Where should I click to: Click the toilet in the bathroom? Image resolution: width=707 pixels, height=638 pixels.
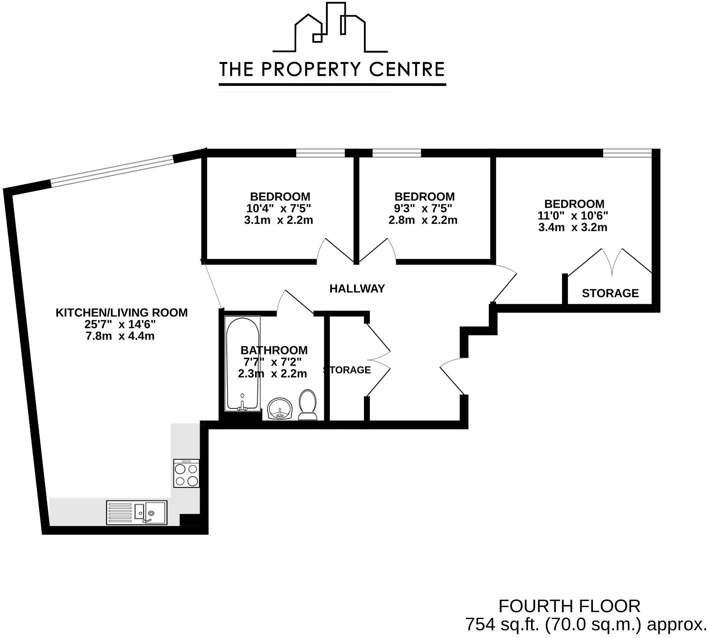pyautogui.click(x=308, y=405)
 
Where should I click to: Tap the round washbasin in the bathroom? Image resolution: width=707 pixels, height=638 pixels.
pyautogui.click(x=281, y=408)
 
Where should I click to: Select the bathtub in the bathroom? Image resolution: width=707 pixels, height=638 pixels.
pyautogui.click(x=243, y=364)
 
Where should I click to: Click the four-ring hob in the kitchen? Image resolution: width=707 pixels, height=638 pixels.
pyautogui.click(x=186, y=473)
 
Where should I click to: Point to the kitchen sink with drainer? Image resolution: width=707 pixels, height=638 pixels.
pyautogui.click(x=136, y=513)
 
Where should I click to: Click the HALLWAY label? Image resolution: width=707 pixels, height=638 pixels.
pyautogui.click(x=357, y=288)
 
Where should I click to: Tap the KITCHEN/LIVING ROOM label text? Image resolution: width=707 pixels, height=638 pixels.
pyautogui.click(x=121, y=312)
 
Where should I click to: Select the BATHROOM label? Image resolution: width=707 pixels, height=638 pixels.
pyautogui.click(x=274, y=350)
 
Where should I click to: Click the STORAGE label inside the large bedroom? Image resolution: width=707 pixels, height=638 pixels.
pyautogui.click(x=610, y=293)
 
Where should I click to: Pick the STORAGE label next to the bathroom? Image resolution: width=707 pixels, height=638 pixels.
pyautogui.click(x=348, y=370)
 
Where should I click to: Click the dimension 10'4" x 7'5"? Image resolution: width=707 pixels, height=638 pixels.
pyautogui.click(x=279, y=208)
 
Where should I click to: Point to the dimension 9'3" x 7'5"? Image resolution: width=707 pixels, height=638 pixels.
pyautogui.click(x=423, y=208)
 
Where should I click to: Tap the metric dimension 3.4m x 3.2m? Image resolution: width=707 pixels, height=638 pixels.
pyautogui.click(x=572, y=227)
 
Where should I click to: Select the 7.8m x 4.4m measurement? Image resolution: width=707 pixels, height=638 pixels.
pyautogui.click(x=120, y=336)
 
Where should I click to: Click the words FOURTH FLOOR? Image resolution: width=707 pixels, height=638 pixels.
pyautogui.click(x=569, y=606)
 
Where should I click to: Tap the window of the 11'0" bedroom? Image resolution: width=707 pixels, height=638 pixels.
pyautogui.click(x=627, y=153)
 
